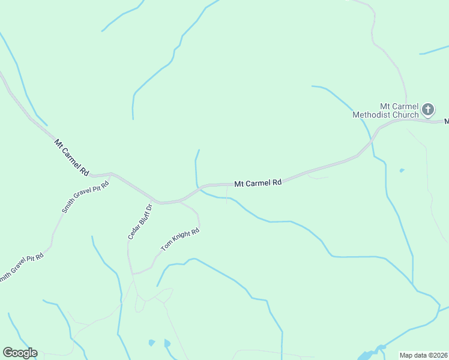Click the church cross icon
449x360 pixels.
pyautogui.click(x=427, y=109)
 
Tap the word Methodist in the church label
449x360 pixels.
pyautogui.click(x=373, y=115)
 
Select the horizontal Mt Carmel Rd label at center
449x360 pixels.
pyautogui.click(x=258, y=182)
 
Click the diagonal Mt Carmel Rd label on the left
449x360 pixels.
pyautogui.click(x=71, y=157)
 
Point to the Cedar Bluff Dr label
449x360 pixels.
pyautogui.click(x=140, y=221)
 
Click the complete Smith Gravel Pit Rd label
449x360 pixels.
pyautogui.click(x=85, y=197)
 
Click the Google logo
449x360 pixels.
pyautogui.click(x=20, y=353)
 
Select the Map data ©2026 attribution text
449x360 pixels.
pyautogui.click(x=423, y=355)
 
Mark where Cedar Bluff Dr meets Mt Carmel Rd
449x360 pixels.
pyautogui.click(x=157, y=201)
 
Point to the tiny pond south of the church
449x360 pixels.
pyautogui.click(x=402, y=170)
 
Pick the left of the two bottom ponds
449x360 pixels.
pyautogui.click(x=151, y=343)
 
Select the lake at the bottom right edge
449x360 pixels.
pyautogui.click(x=369, y=354)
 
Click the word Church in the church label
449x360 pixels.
pyautogui.click(x=406, y=115)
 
